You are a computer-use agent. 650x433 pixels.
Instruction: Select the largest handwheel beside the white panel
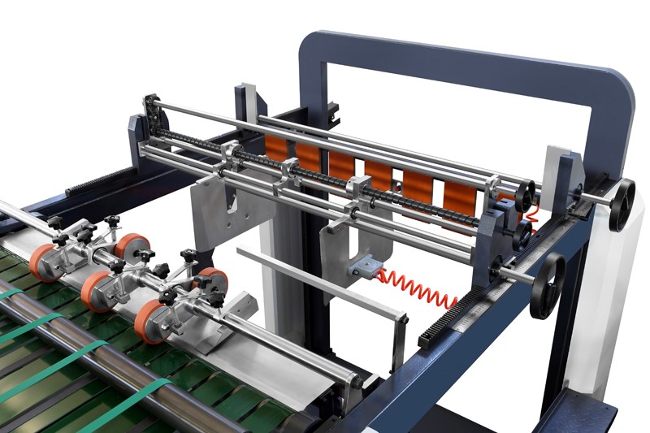click(x=622, y=204)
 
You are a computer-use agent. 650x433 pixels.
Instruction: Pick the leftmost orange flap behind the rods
click(x=275, y=148)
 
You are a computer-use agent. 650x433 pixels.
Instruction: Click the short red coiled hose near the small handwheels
click(x=532, y=214)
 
